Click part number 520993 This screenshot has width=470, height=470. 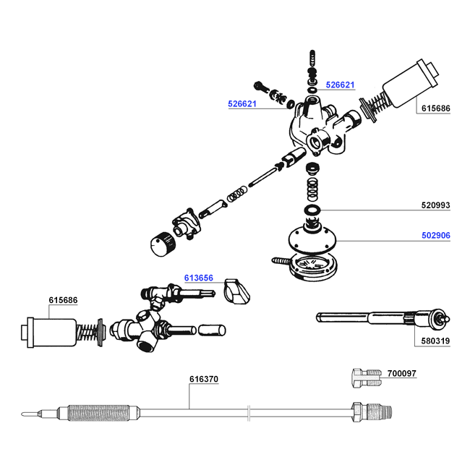(x=435, y=205)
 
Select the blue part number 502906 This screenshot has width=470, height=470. (x=436, y=235)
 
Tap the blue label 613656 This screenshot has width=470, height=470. (x=199, y=278)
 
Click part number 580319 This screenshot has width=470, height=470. (x=435, y=341)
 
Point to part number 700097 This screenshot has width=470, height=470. (x=401, y=374)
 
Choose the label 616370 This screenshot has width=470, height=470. (x=204, y=379)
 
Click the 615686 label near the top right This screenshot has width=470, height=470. (x=436, y=108)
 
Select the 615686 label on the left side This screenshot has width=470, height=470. (x=63, y=300)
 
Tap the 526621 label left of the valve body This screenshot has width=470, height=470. (x=242, y=103)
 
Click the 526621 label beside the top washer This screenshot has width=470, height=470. (x=341, y=85)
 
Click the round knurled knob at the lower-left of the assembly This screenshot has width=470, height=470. (x=162, y=244)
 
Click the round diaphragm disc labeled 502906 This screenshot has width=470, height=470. (x=312, y=241)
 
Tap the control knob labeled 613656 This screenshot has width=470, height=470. (x=236, y=291)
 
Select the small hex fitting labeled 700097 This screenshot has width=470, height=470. (x=367, y=378)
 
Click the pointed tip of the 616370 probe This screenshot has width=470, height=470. (x=22, y=414)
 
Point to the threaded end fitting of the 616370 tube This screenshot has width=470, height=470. (x=372, y=412)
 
